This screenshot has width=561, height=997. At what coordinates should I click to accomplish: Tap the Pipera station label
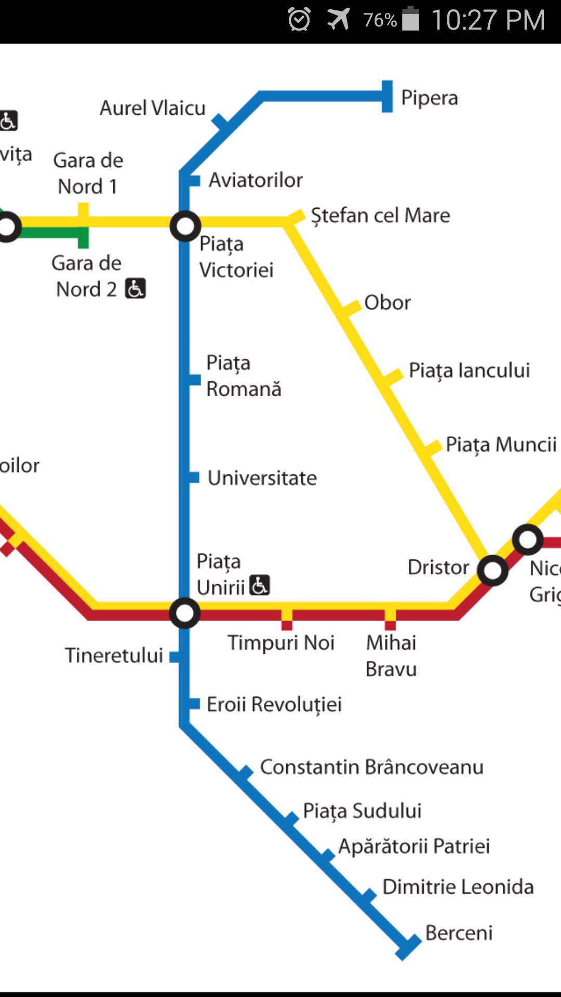430,98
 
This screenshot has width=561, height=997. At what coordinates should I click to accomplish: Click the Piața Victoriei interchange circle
185,226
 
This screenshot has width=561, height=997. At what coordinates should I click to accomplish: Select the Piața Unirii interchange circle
185,613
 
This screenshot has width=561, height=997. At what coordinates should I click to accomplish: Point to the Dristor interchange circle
492,571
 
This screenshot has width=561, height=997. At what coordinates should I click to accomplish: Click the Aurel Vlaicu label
153,108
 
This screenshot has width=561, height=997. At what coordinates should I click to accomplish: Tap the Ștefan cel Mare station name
380,215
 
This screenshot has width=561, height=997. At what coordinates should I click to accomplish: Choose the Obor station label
388,303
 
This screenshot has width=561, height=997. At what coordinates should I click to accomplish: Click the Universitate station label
262,478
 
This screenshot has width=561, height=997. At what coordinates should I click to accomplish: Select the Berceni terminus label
459,933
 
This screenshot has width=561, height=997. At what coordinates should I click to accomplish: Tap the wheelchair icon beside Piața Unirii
260,585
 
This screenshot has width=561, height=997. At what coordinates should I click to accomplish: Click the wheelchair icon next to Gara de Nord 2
136,288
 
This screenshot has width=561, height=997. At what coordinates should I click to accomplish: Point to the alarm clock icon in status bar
299,20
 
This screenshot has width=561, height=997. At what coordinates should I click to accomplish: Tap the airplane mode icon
339,20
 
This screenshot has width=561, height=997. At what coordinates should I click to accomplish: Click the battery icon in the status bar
411,19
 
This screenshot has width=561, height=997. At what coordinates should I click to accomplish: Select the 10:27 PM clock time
488,20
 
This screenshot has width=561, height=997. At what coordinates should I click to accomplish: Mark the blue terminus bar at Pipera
387,96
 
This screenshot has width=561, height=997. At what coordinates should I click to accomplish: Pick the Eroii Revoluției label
274,705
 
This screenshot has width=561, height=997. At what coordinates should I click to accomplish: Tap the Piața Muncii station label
501,445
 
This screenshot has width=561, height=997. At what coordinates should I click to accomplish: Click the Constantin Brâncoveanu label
372,767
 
